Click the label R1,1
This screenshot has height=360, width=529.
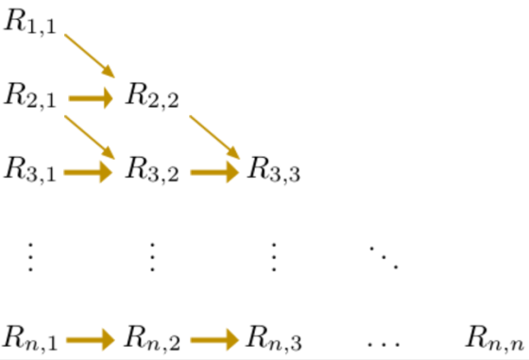(29, 22)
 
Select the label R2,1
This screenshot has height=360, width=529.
(29, 95)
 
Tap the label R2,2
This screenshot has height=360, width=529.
(152, 95)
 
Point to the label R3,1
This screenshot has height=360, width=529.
(29, 170)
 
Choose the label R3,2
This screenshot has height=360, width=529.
(152, 170)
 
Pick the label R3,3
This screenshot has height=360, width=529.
(274, 170)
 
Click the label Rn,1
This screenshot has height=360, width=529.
(30, 337)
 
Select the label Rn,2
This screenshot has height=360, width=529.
(152, 337)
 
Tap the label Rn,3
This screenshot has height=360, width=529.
(274, 337)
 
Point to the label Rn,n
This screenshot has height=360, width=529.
(495, 337)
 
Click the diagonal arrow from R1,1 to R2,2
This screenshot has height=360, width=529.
(90, 56)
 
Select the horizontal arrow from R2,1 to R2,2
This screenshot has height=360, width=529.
(91, 98)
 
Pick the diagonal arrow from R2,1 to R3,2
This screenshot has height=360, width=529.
(90, 137)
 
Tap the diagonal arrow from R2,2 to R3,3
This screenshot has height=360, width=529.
(214, 137)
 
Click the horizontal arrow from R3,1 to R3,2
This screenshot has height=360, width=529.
(88, 172)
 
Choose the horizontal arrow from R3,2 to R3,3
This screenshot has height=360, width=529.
(214, 172)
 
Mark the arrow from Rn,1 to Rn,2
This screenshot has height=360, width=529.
(91, 340)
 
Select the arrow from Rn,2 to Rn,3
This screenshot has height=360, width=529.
(214, 340)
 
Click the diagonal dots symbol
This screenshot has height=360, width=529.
(384, 258)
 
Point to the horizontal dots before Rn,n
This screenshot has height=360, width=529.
(384, 345)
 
